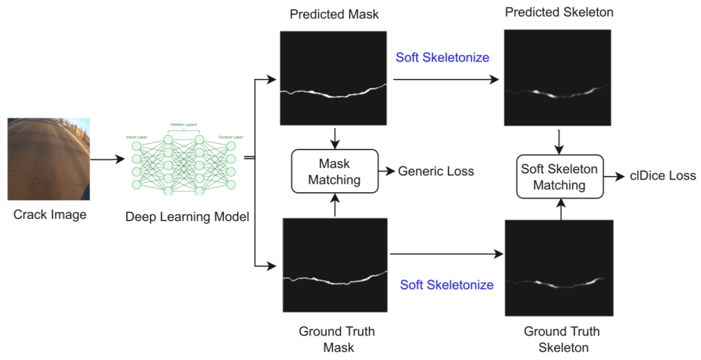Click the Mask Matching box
pyautogui.click(x=334, y=171)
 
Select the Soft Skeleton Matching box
pyautogui.click(x=559, y=176)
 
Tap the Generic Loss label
pyautogui.click(x=436, y=171)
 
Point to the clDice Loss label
pyautogui.click(x=663, y=176)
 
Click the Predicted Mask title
pyautogui.click(x=334, y=14)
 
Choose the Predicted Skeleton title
pyautogui.click(x=559, y=12)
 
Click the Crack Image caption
pyautogui.click(x=50, y=215)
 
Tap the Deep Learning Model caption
pyautogui.click(x=187, y=217)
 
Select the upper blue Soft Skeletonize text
pyautogui.click(x=442, y=57)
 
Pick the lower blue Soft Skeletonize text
pyautogui.click(x=447, y=285)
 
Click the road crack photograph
pyautogui.click(x=48, y=159)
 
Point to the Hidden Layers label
pyautogui.click(x=183, y=125)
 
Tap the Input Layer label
pyautogui.click(x=136, y=137)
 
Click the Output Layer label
pyautogui.click(x=231, y=137)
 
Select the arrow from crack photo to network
pyautogui.click(x=107, y=159)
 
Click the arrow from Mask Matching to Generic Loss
pyautogui.click(x=387, y=171)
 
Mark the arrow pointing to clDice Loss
pyautogui.click(x=614, y=176)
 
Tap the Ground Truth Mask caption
pyautogui.click(x=337, y=339)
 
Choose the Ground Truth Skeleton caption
pyautogui.click(x=562, y=339)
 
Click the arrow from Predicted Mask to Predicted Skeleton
pyautogui.click(x=446, y=79)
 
